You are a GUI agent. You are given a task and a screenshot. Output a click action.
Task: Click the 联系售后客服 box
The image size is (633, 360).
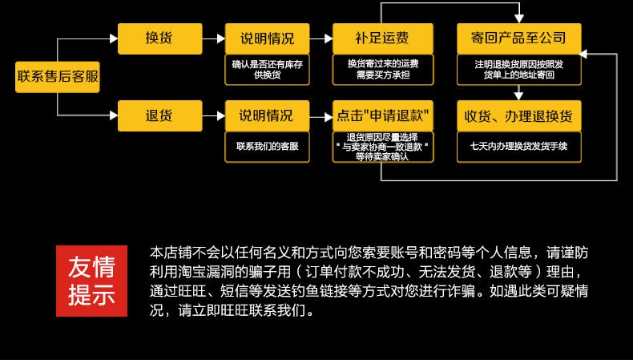pyautogui.click(x=58, y=77)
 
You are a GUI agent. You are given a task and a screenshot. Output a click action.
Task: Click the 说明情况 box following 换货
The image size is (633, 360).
pyautogui.click(x=266, y=38)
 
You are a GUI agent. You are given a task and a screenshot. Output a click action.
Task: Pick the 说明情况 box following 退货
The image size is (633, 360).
pyautogui.click(x=266, y=115)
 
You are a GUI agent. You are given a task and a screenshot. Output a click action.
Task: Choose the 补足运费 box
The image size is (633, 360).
pyautogui.click(x=382, y=38)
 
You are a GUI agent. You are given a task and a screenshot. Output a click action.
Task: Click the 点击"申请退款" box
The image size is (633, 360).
pyautogui.click(x=382, y=115)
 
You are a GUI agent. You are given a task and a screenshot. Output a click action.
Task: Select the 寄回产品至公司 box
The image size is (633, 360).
pyautogui.click(x=518, y=38)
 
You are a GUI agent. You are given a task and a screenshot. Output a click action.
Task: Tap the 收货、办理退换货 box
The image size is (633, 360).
pyautogui.click(x=518, y=115)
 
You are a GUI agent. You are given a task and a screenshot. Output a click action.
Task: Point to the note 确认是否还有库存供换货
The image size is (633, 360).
pyautogui.click(x=266, y=69)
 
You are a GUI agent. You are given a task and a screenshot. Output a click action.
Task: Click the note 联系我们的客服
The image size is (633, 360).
pyautogui.click(x=266, y=147)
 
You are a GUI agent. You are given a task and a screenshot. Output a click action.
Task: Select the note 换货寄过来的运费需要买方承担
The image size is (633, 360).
pyautogui.click(x=382, y=69)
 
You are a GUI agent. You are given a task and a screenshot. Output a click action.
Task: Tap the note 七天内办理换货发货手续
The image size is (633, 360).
pyautogui.click(x=518, y=147)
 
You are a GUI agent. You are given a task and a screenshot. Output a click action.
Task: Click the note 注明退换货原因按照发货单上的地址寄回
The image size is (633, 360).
pyautogui.click(x=518, y=69)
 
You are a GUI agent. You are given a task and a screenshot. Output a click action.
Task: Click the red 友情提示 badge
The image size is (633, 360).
pyautogui.click(x=91, y=281)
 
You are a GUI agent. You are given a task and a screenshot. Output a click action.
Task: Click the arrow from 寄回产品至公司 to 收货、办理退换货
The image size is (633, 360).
pyautogui.click(x=518, y=92)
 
